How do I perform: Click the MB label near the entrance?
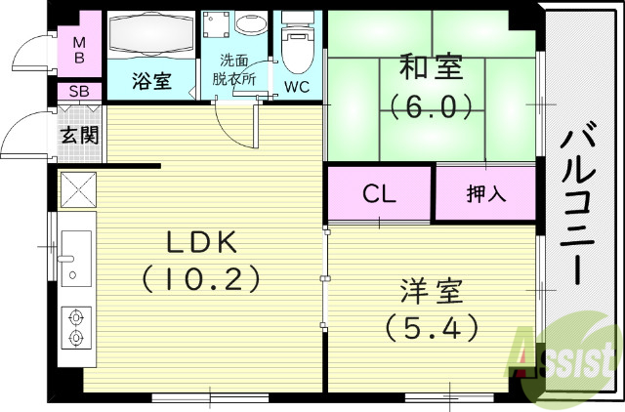pos(78,49)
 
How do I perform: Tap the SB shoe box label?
pos(77,93)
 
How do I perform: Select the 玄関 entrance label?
pos(78,135)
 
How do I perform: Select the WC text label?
pos(298,86)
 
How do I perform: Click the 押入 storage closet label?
pos(485,193)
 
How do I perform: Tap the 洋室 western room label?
pos(431,291)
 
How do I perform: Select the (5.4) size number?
pos(431,327)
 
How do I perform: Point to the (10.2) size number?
pos(200,280)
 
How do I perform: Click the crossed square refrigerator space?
pos(77,189)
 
